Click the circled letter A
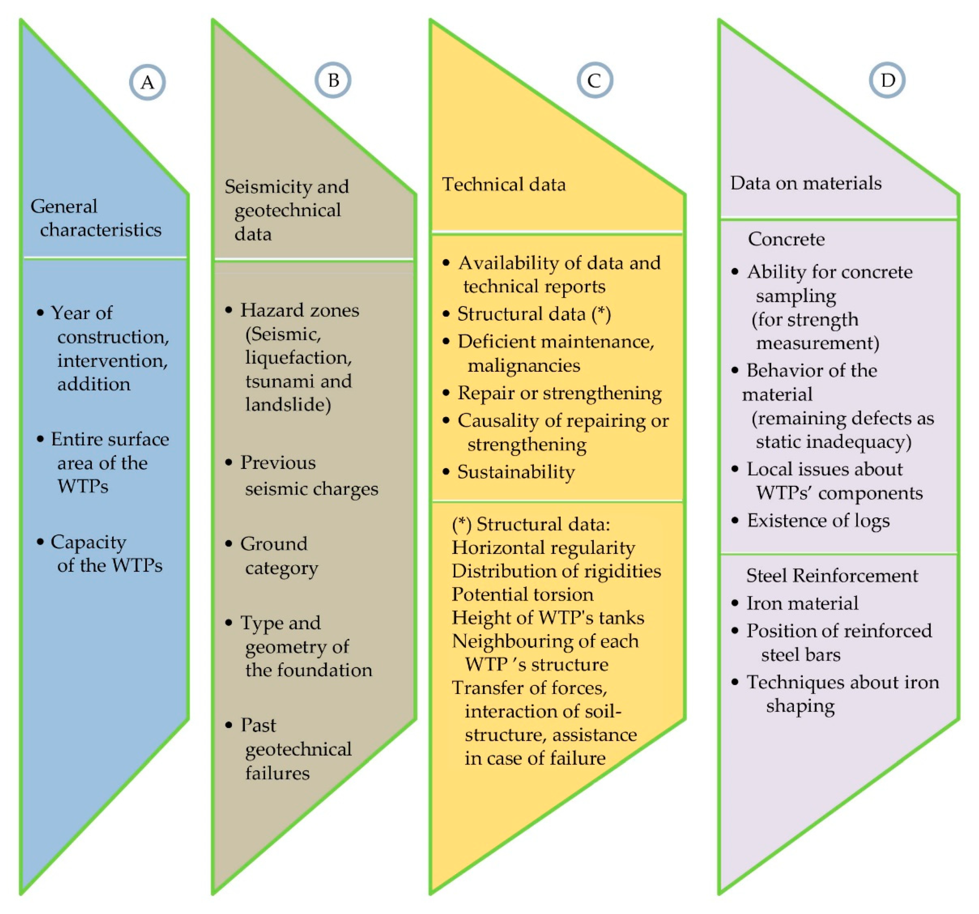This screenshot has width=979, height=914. pos(147,82)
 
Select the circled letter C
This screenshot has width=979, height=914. pos(594,80)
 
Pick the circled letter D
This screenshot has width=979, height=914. pos(887,80)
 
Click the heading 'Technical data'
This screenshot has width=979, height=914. pos(504,185)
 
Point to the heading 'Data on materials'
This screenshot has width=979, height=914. pos(806,183)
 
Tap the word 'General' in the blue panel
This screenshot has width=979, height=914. pos(64,206)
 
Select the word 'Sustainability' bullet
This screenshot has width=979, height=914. pos(515,472)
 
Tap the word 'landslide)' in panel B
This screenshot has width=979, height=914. pos(288,404)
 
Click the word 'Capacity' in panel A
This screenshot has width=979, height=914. pos(89,542)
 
